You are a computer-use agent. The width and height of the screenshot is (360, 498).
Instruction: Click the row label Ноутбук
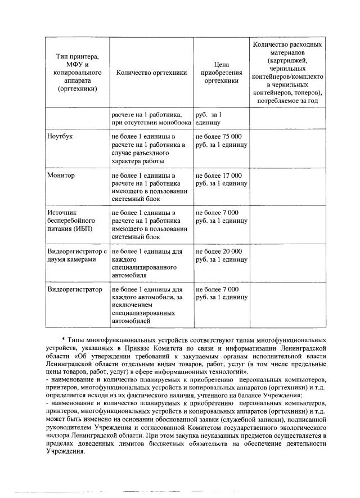click(x=60, y=137)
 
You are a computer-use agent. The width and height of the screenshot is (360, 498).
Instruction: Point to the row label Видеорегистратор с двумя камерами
click(x=76, y=255)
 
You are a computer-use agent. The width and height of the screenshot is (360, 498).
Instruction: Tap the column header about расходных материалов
click(x=288, y=73)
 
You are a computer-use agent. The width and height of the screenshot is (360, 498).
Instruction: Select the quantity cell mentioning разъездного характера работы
click(x=146, y=149)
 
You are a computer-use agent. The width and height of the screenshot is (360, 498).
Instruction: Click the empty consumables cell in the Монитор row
click(x=288, y=187)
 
